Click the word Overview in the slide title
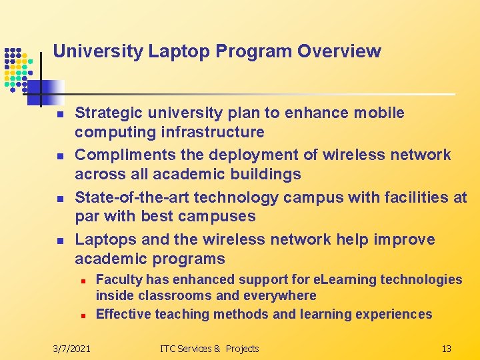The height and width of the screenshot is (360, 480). [339, 51]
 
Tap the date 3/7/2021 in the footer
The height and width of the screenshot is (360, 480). [72, 348]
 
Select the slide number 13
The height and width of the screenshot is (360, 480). [447, 348]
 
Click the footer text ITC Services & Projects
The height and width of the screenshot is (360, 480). [209, 348]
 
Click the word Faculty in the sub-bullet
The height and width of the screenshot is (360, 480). [119, 279]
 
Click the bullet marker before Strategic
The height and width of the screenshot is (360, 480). [59, 115]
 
